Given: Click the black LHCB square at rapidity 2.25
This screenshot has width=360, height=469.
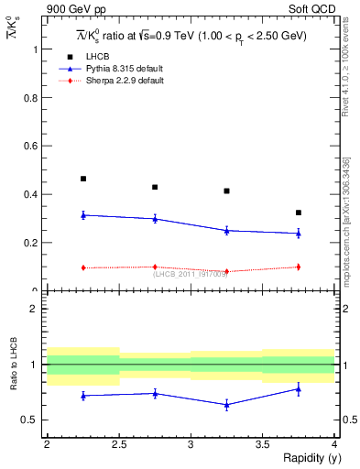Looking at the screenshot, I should [83, 179].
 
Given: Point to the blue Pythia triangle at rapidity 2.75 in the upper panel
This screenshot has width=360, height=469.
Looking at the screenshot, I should [155, 219].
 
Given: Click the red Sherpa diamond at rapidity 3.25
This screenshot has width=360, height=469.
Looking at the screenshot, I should [227, 271].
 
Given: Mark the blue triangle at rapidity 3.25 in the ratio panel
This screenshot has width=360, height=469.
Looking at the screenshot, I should [227, 404].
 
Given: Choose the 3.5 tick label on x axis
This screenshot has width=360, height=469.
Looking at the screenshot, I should [263, 444].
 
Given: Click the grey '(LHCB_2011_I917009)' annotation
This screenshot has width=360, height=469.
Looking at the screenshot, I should [190, 274].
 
